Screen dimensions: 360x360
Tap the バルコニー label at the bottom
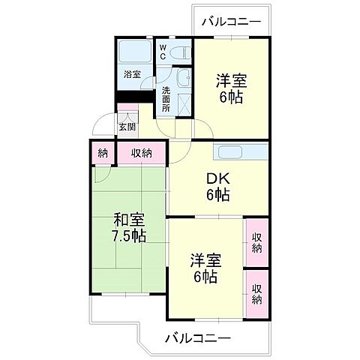198,338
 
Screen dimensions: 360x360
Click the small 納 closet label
102,153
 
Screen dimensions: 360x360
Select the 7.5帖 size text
129,236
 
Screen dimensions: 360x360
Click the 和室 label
128,220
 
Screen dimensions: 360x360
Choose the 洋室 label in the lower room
204,261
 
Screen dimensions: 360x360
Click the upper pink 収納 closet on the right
257,241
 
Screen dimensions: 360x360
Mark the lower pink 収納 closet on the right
257,293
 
